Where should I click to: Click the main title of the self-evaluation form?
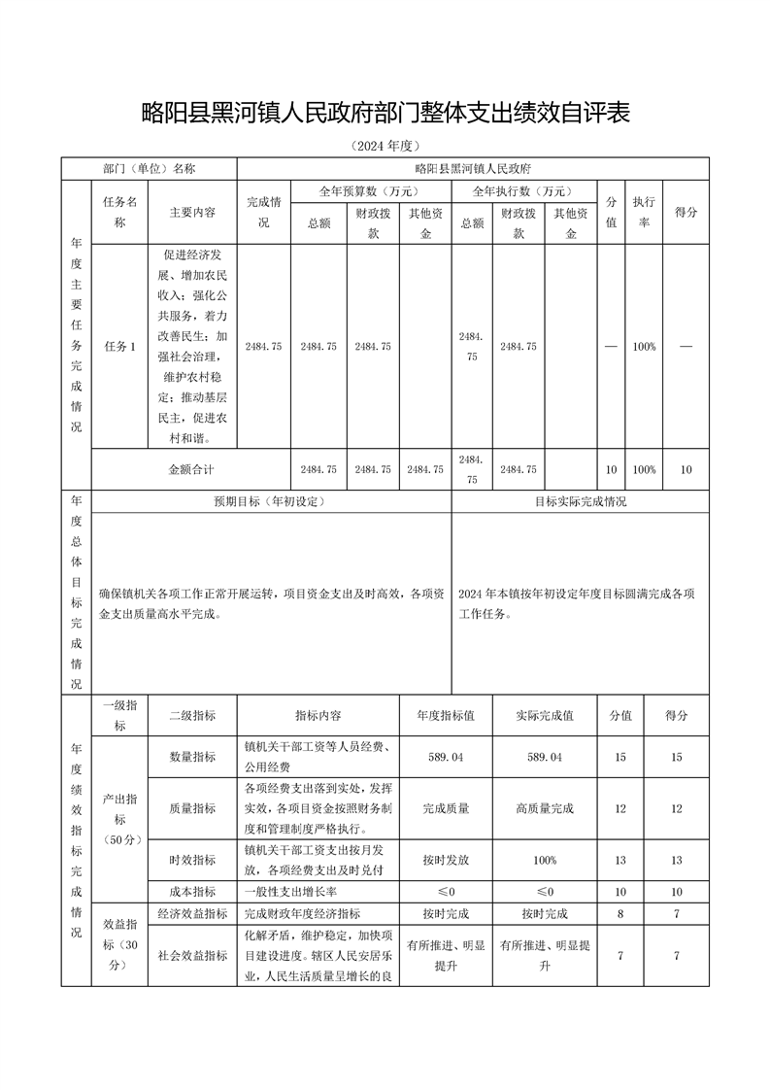coord(385,114)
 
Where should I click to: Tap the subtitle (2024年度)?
coord(385,147)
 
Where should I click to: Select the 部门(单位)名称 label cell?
coord(150,168)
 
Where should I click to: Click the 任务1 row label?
coord(119,347)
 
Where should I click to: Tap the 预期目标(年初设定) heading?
coord(269,502)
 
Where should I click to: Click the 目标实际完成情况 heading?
coord(580,502)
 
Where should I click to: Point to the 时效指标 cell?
coord(192,860)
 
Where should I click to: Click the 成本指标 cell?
coord(192,892)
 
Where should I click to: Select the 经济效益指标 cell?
coord(192,914)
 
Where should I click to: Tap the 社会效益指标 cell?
coord(192,956)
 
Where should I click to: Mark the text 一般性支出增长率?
coord(290,892)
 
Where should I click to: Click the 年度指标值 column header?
coord(446,715)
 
